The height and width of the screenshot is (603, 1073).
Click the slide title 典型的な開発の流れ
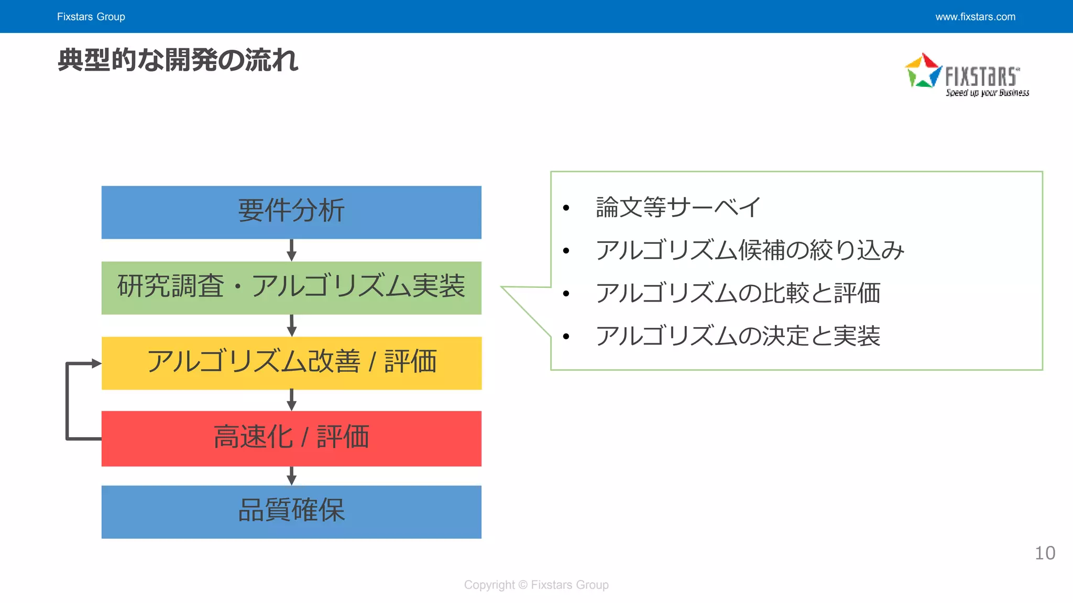click(x=178, y=60)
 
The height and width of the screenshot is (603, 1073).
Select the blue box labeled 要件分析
click(x=291, y=212)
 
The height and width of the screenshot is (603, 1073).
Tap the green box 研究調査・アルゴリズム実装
click(x=291, y=287)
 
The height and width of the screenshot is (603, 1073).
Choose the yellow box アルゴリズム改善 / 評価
click(x=291, y=363)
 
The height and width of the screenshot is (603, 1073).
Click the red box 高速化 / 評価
click(x=291, y=438)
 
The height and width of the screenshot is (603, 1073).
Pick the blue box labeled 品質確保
click(x=291, y=511)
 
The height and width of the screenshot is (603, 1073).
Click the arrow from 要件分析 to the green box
click(x=292, y=250)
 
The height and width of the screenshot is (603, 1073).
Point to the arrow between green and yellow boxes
click(x=292, y=326)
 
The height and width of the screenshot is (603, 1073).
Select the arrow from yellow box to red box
click(x=292, y=400)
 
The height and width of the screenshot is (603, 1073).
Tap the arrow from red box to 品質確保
click(x=292, y=476)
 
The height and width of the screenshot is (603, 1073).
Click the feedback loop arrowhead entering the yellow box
click(x=96, y=363)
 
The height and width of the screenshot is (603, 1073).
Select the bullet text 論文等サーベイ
click(x=678, y=207)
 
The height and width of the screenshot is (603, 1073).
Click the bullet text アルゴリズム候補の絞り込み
click(x=750, y=250)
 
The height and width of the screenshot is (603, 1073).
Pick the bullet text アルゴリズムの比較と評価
click(x=738, y=293)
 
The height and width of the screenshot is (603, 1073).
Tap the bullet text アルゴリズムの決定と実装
click(x=738, y=336)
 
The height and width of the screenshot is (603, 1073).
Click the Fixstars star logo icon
click(x=923, y=70)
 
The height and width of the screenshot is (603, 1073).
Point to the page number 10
click(x=1045, y=553)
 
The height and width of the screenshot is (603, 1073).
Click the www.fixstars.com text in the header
click(x=975, y=17)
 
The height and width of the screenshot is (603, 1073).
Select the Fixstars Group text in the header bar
click(x=91, y=17)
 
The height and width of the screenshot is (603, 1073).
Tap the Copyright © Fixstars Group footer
click(x=536, y=585)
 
